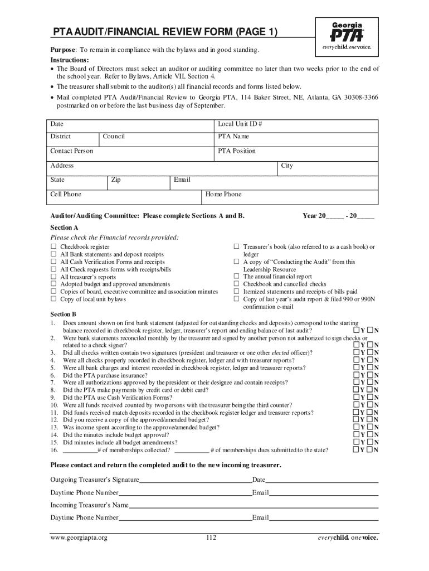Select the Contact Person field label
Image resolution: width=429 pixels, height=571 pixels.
[x=72, y=151]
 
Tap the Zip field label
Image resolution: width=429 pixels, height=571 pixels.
[x=116, y=180]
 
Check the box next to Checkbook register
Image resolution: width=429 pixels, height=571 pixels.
[x=54, y=246]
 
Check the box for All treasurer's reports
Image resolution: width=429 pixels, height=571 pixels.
[x=54, y=277]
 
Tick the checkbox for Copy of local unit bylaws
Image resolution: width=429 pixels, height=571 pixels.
[x=54, y=299]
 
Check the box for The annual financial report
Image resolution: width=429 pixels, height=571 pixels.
[x=236, y=276]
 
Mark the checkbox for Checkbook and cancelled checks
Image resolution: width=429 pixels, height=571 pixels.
[x=236, y=284]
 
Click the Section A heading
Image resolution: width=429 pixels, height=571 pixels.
[x=65, y=228]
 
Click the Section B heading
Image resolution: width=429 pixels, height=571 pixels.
[x=64, y=314]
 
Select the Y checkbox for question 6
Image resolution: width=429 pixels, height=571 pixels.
[x=357, y=375]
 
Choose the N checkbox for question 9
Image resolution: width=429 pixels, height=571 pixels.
[x=369, y=398]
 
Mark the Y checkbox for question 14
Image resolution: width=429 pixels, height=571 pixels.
[x=357, y=435]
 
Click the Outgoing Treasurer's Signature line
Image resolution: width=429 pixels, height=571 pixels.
[x=195, y=480]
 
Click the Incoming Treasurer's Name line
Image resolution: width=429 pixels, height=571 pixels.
[x=253, y=506]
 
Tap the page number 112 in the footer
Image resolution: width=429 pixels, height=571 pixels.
[x=211, y=538]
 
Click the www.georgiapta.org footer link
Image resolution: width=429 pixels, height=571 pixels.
[x=79, y=538]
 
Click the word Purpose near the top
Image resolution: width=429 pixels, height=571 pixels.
[x=63, y=51]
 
